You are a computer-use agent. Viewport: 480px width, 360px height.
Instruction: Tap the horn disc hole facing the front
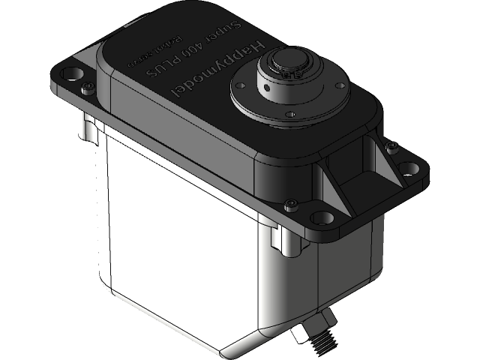[x=289, y=113]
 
